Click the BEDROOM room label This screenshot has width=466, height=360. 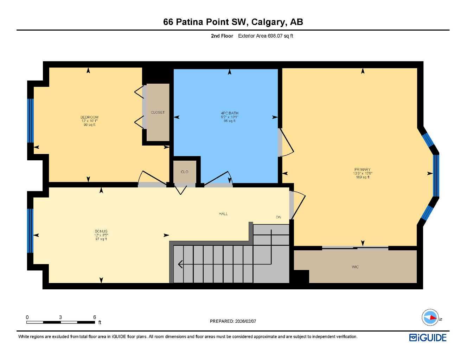click(89, 117)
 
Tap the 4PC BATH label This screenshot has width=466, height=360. click(229, 113)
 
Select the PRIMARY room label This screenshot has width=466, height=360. click(362, 169)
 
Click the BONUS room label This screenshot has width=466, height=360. click(101, 231)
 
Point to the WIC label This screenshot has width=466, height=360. click(355, 267)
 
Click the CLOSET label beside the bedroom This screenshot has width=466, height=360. click(158, 112)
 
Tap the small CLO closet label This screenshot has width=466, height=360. click(184, 172)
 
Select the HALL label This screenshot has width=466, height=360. click(223, 214)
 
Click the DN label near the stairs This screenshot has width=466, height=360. click(278, 217)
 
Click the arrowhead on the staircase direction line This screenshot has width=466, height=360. click(180, 264)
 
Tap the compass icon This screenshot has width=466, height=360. click(430, 318)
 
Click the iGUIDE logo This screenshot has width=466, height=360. click(428, 338)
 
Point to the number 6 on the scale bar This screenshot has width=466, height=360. click(95, 317)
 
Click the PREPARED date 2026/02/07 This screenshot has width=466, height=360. click(245, 321)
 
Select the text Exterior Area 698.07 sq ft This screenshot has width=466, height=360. click(266, 36)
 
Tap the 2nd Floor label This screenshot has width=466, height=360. click(222, 36)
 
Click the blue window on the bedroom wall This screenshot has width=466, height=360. click(30, 121)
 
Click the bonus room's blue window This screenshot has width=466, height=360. click(30, 231)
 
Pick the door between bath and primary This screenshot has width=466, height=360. click(285, 142)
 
